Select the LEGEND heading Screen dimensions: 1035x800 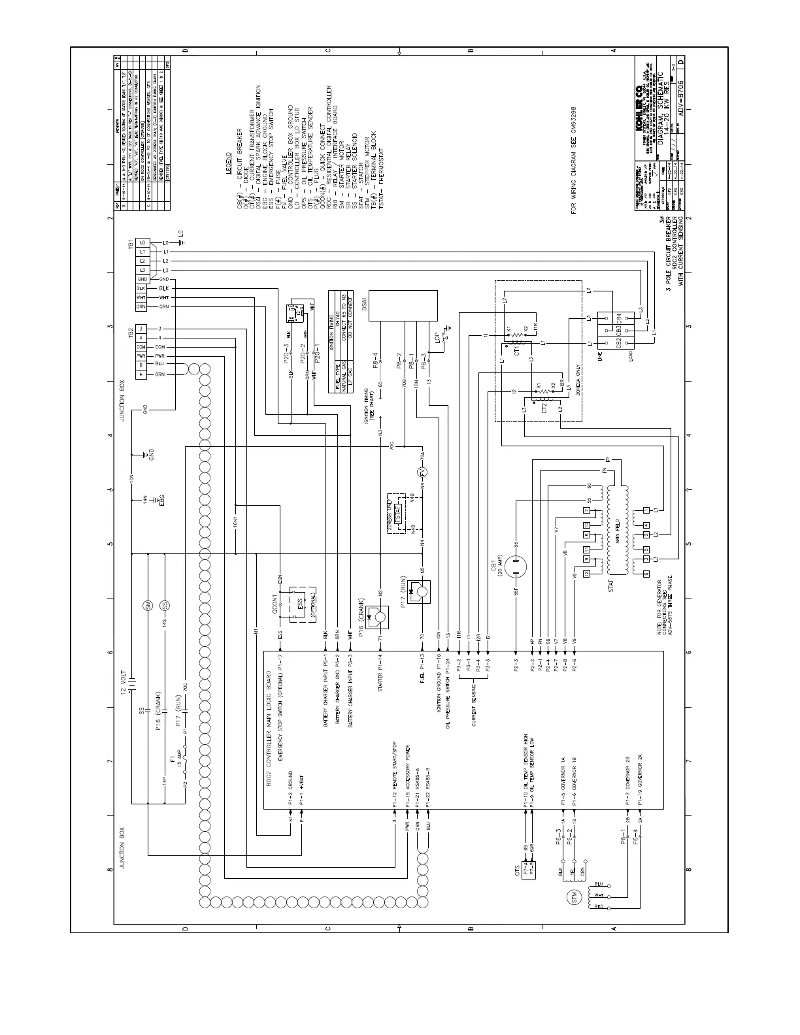coord(228,159)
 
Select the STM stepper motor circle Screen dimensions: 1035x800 coord(575,895)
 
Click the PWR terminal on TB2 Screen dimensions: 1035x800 coord(141,356)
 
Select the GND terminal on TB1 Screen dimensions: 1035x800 coord(141,279)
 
